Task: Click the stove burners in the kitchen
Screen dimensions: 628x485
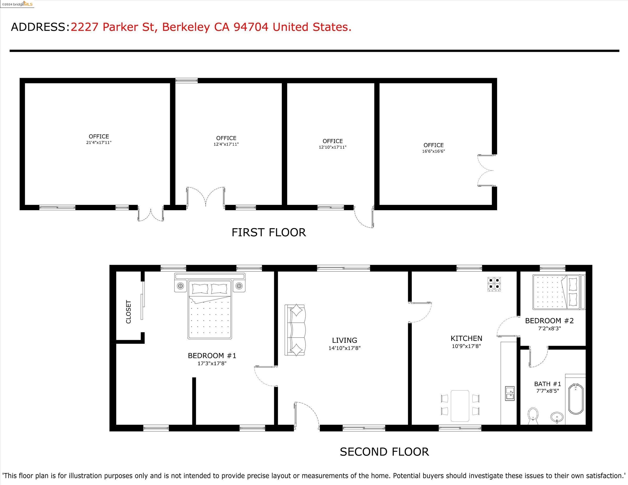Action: point(494,284)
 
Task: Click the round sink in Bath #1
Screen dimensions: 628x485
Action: point(557,417)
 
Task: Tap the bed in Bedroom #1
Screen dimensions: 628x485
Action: point(210,306)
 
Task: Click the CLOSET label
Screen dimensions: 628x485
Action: point(128,312)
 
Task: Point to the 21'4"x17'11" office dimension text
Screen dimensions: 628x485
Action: point(99,142)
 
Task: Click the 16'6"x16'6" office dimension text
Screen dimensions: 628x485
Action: point(433,151)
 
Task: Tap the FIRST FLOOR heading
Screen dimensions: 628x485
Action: point(268,232)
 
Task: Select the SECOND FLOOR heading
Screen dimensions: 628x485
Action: point(384,452)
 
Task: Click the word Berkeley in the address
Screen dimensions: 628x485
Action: point(186,27)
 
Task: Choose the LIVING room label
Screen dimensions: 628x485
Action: point(344,340)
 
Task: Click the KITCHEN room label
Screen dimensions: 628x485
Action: point(466,339)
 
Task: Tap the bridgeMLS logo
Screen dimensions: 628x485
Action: point(17,4)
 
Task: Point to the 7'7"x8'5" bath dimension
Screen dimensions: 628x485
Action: point(548,391)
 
